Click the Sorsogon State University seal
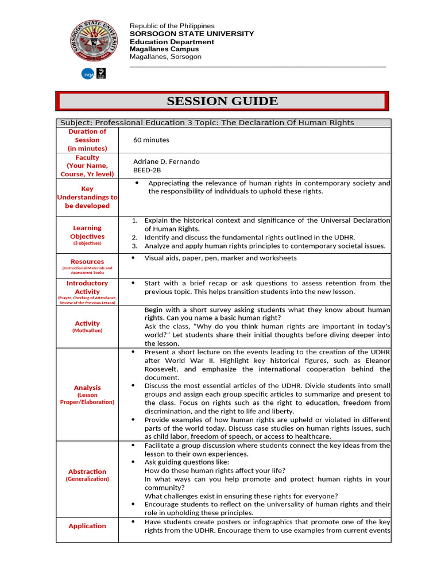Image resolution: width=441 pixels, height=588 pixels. coord(92,42)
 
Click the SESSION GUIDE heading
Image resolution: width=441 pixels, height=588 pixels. coord(222,101)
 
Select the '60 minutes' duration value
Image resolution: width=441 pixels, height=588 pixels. coord(151,140)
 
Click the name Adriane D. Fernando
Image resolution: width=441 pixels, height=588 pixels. coord(167,162)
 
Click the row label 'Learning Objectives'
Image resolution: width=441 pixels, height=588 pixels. coord(87,232)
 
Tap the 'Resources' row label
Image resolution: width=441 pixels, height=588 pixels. coord(87,261)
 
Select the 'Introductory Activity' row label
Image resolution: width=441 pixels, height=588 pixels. coord(87,287)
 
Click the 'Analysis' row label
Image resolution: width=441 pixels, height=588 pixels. coord(87,388)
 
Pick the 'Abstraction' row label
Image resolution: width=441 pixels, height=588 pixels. coord(87,471)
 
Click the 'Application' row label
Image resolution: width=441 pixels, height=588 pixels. coord(87,525)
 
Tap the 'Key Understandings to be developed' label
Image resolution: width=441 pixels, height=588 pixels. coord(87,197)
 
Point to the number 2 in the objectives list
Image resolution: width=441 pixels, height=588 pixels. coord(134,237)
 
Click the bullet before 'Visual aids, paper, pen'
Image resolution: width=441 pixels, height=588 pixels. coord(133,258)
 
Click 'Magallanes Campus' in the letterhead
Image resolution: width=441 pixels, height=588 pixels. coord(164,49)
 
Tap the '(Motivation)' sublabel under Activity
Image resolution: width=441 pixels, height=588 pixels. coord(87,331)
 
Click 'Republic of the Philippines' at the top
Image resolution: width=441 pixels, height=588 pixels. coord(172,26)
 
